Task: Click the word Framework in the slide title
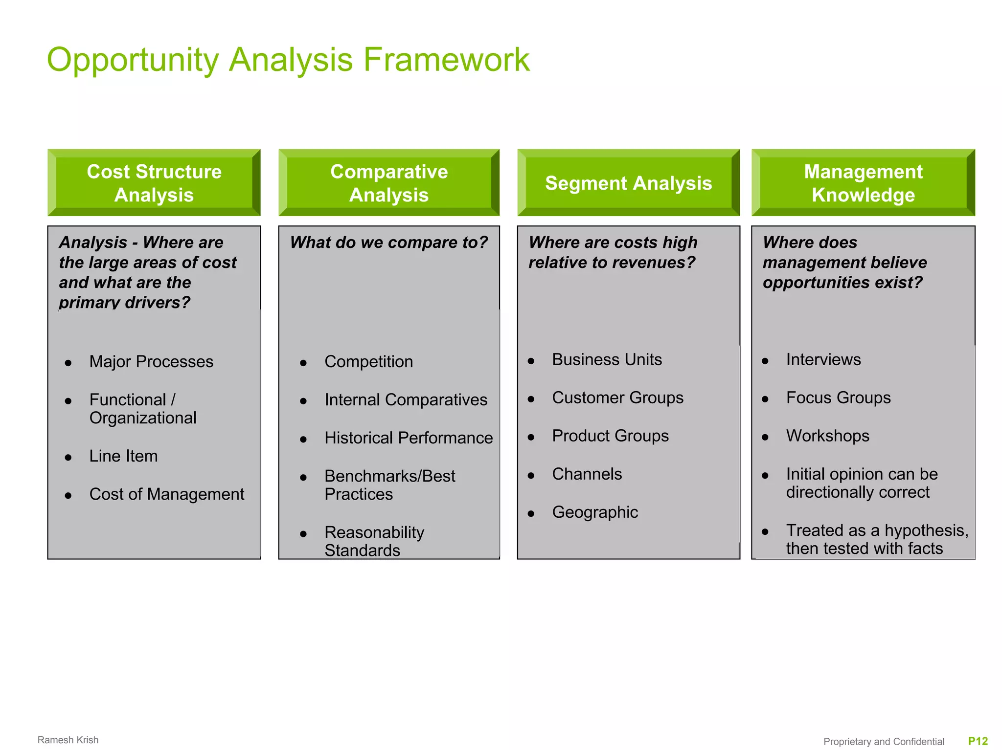[x=446, y=60]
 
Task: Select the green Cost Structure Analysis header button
[x=154, y=183]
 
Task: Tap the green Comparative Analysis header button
[x=389, y=183]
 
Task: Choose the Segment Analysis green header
[x=628, y=183]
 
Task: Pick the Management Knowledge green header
[x=863, y=183]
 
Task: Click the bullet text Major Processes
[x=151, y=362]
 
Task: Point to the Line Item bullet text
[x=123, y=456]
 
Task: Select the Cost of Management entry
[x=166, y=494]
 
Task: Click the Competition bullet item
[x=368, y=362]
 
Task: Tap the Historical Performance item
[x=409, y=438]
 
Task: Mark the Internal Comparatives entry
[x=406, y=400]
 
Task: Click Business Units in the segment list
[x=607, y=360]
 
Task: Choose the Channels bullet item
[x=587, y=474]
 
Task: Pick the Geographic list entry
[x=595, y=512]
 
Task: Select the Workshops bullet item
[x=827, y=436]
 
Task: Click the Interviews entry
[x=823, y=360]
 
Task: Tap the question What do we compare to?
[x=389, y=243]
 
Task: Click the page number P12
[x=978, y=741]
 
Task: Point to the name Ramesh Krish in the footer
[x=68, y=740]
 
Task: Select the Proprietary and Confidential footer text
[x=884, y=742]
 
